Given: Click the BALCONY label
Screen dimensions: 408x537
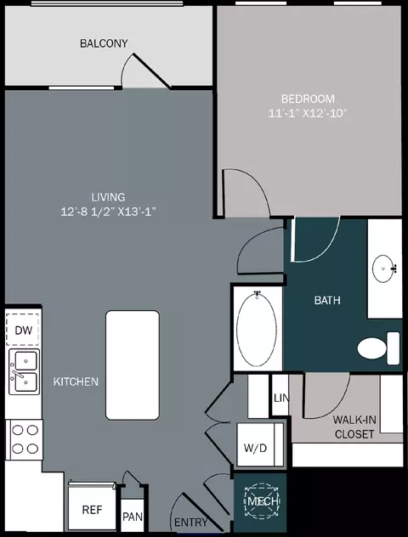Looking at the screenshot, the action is [104, 43].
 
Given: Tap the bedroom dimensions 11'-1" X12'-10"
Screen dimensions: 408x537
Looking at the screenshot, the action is [308, 113].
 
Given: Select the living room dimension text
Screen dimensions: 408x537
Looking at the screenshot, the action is [108, 212].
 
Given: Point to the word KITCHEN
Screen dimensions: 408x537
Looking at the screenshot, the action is [76, 382].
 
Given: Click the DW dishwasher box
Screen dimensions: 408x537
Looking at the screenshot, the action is [23, 330].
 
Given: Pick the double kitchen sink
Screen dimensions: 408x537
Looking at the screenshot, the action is [25, 372].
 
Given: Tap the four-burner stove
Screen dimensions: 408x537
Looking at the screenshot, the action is [25, 439].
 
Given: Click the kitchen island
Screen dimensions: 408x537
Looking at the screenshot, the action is [133, 365].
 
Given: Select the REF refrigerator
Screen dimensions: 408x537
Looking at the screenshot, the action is [92, 506].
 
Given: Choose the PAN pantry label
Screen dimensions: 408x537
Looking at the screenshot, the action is [133, 516].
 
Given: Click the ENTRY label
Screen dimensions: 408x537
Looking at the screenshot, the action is [190, 523].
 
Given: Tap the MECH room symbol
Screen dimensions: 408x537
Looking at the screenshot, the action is [263, 501].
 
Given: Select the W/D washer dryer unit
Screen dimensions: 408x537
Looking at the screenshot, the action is [260, 444].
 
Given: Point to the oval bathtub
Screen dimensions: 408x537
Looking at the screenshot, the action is [257, 329].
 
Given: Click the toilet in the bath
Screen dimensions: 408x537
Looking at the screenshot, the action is [378, 348].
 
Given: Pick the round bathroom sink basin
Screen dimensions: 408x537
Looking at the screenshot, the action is [383, 268].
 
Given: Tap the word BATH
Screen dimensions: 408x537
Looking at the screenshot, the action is [327, 300].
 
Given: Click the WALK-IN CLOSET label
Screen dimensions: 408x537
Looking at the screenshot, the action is [354, 427].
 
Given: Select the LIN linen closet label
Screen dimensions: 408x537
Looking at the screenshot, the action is [281, 398].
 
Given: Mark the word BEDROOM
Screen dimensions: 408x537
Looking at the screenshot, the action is [308, 99].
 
